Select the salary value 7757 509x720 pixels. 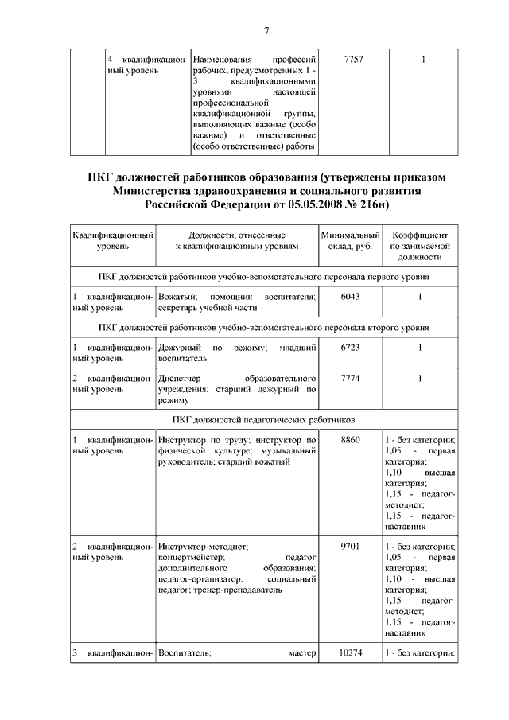(x=350, y=60)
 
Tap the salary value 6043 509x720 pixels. (x=350, y=297)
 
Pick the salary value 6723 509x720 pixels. (x=350, y=348)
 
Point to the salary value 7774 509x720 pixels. (x=350, y=379)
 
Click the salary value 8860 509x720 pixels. (x=350, y=440)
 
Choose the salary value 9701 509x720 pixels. (x=350, y=547)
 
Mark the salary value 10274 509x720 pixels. (x=350, y=653)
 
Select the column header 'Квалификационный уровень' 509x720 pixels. (x=112, y=241)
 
